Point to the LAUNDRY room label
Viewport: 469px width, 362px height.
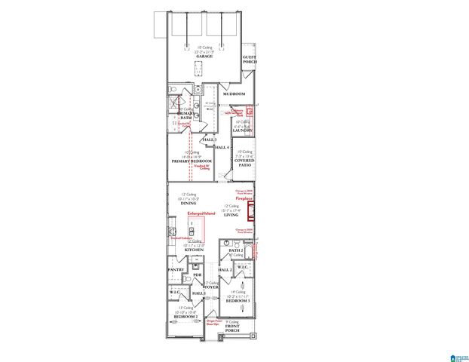[x=241, y=130]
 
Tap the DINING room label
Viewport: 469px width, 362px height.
[x=189, y=203]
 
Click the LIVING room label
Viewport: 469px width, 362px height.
[x=231, y=215]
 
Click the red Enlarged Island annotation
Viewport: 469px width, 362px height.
[x=201, y=213]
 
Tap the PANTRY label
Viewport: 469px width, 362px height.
[x=176, y=269]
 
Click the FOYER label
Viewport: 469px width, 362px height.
[x=212, y=287]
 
